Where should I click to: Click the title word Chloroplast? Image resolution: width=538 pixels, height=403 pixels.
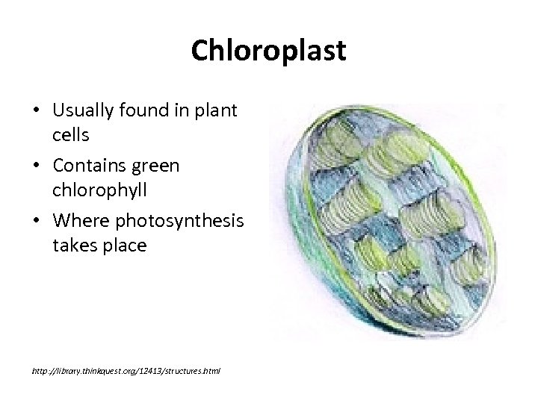point(268,51)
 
